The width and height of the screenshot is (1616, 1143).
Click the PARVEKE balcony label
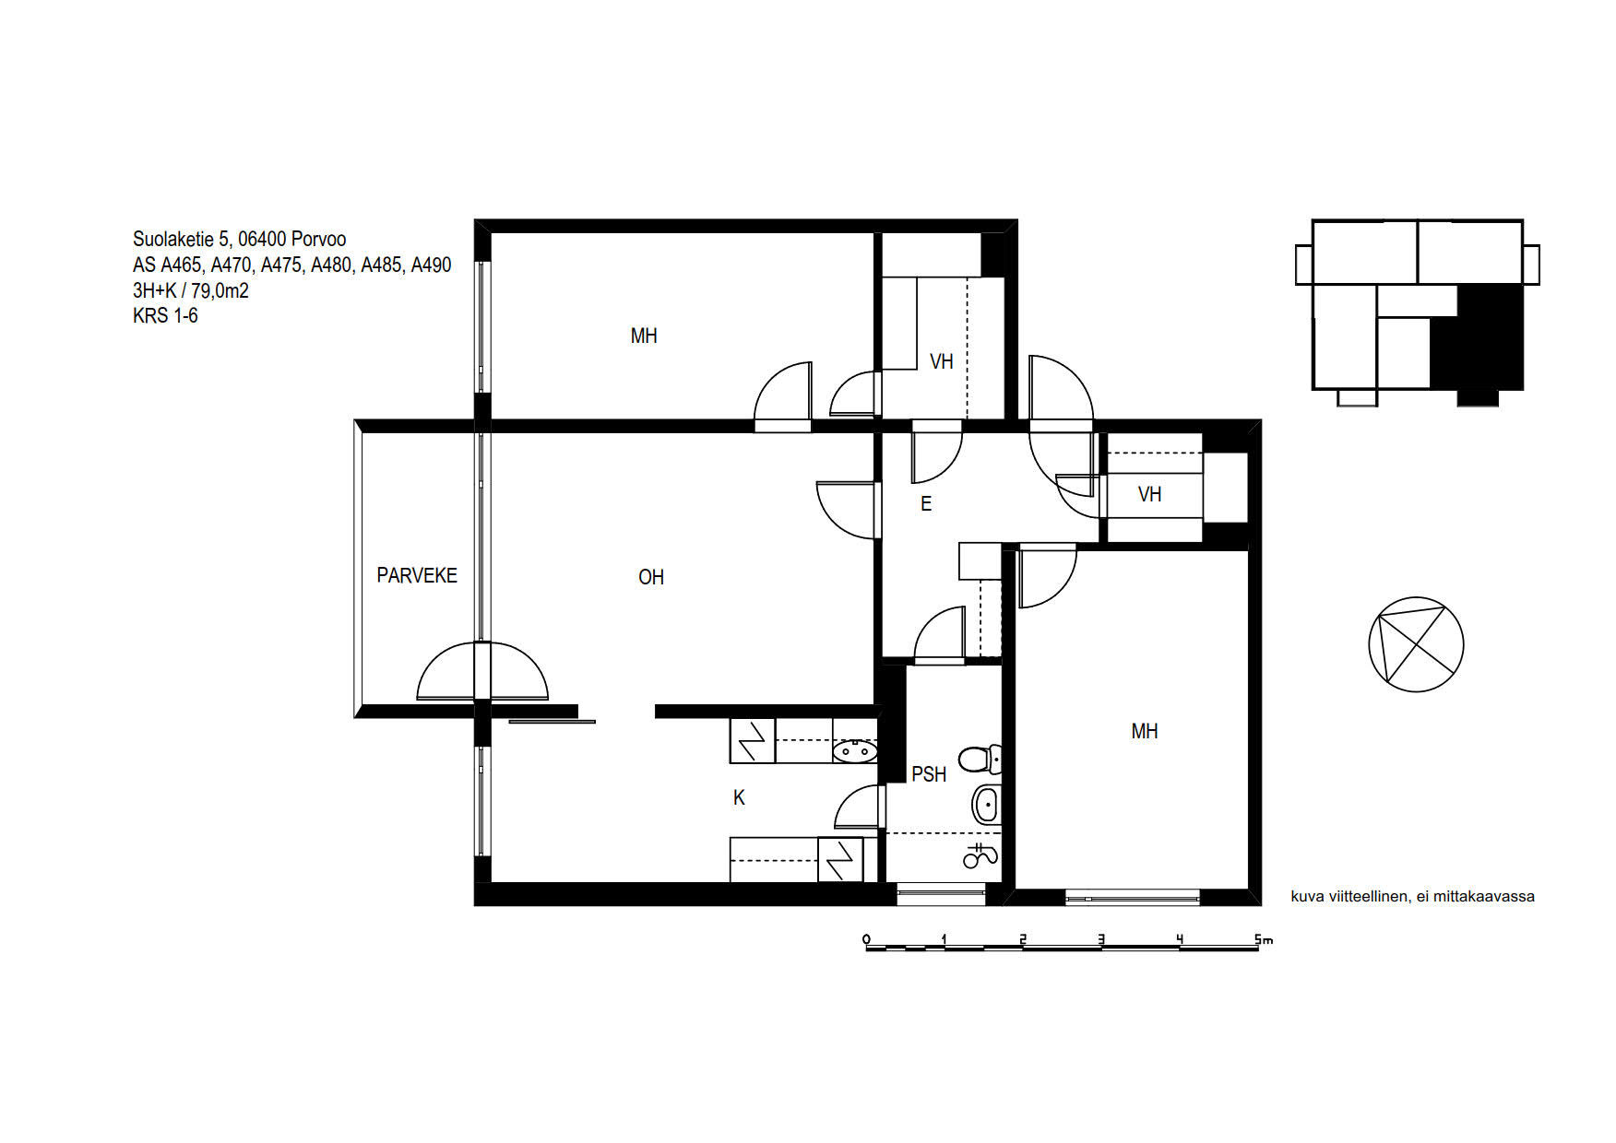pos(417,575)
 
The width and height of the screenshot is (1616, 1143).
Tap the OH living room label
pos(651,577)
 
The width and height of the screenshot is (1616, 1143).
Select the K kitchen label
pos(739,798)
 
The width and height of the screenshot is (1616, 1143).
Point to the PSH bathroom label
pos(929,774)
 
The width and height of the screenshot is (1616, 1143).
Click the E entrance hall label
pos(926,503)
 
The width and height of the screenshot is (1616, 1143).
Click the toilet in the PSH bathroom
pos(980,759)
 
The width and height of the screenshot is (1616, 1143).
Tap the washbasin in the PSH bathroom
pos(986,805)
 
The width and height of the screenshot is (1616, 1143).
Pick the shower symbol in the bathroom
pos(980,856)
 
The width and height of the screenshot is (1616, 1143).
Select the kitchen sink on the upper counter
pos(854,751)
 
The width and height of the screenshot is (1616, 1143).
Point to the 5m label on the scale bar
pos(1263,939)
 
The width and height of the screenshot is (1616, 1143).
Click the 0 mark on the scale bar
pos(866,939)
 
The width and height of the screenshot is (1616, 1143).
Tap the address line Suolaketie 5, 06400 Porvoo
pos(240,240)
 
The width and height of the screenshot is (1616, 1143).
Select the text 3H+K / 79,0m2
pos(191,290)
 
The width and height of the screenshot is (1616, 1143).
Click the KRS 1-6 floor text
pos(165,315)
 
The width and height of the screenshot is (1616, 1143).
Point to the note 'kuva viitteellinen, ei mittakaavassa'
pos(1412,896)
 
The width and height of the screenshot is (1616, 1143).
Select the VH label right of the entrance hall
pos(1149,495)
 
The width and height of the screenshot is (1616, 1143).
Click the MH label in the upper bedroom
pos(644,336)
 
